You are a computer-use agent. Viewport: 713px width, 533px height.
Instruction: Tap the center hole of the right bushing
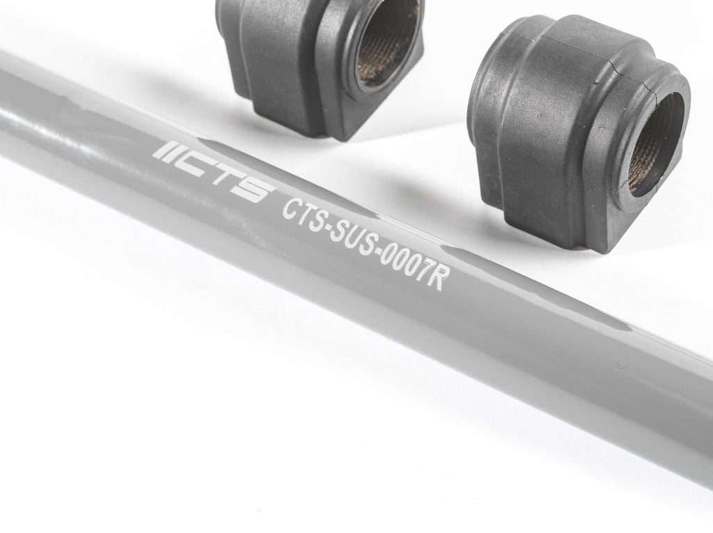(655, 144)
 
